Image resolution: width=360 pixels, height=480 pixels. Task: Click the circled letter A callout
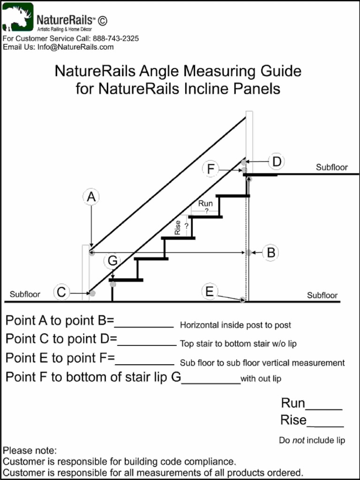[x=91, y=197]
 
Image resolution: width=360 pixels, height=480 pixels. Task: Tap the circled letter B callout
[x=270, y=253]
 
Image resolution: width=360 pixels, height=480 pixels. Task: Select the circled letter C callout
[x=61, y=292]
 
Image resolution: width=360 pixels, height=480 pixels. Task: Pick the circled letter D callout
[x=277, y=161]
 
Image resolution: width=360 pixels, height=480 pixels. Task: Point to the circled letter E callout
[x=210, y=292]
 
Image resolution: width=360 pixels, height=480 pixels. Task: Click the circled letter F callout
[x=210, y=169]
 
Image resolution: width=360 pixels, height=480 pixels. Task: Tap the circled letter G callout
[x=112, y=261]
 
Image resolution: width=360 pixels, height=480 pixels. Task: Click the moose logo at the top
[x=18, y=17]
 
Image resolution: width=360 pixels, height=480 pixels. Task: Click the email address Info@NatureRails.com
[x=75, y=47]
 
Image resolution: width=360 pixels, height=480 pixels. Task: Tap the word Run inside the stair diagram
[x=205, y=203]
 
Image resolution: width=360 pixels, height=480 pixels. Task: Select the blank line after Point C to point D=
[x=147, y=345]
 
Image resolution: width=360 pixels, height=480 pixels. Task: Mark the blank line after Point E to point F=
[x=145, y=365]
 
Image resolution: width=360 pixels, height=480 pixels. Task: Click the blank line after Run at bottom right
[x=324, y=409]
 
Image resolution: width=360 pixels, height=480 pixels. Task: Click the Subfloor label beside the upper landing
[x=332, y=167]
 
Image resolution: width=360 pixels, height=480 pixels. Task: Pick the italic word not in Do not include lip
[x=299, y=440]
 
